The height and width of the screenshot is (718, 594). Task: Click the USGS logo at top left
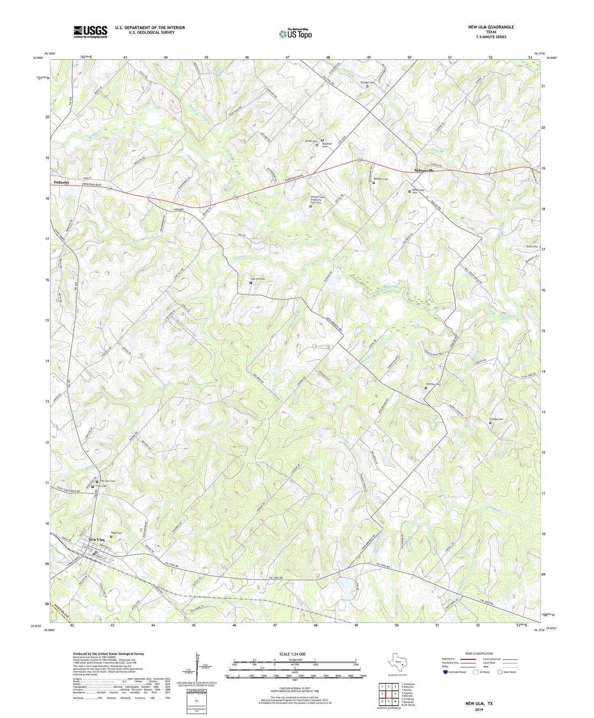click(90, 32)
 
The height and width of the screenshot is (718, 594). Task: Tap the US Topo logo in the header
click(295, 34)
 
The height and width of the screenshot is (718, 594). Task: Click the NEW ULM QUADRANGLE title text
click(491, 27)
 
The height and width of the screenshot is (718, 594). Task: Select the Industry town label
click(62, 182)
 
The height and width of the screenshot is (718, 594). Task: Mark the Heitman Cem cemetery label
click(433, 384)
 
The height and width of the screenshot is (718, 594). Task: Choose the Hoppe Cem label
click(496, 419)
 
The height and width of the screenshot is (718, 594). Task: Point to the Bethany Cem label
click(381, 179)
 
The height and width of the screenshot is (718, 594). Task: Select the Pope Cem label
click(116, 533)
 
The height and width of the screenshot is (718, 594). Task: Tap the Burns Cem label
click(532, 247)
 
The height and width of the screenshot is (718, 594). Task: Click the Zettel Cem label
click(311, 141)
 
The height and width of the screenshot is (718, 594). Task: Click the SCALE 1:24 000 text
click(292, 654)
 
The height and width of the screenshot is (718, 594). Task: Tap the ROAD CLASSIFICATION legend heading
click(479, 653)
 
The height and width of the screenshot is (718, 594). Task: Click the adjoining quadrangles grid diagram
click(389, 695)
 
